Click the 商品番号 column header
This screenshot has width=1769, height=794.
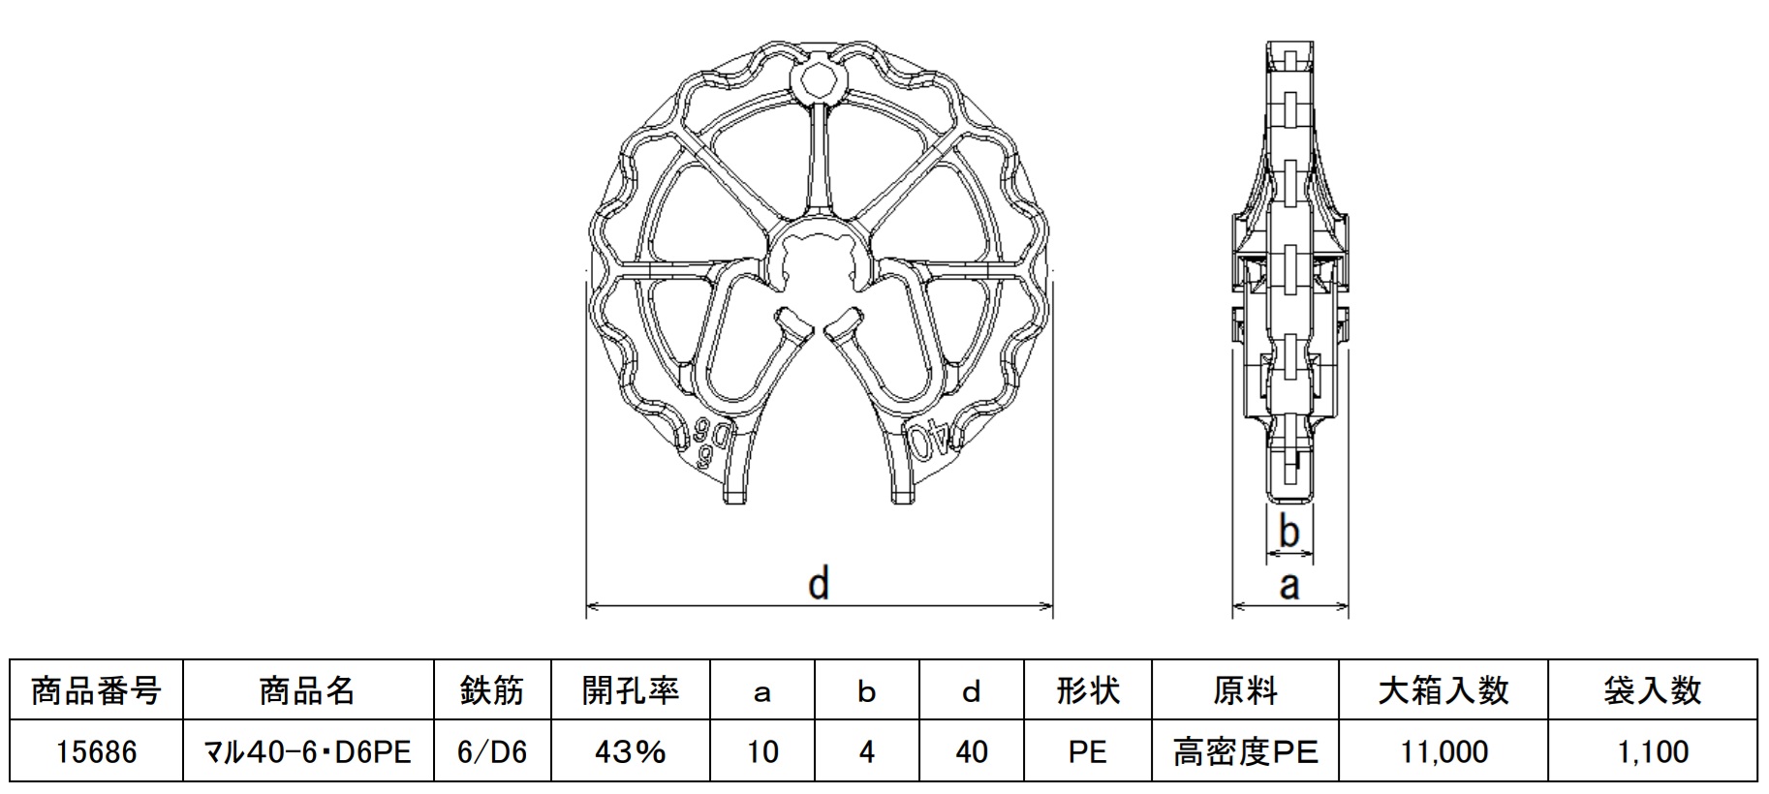click(x=96, y=690)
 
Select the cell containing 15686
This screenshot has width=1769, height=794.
click(x=96, y=751)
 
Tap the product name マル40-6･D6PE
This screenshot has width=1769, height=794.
click(x=307, y=751)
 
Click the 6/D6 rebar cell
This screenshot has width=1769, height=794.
click(x=492, y=751)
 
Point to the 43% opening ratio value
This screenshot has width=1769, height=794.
click(x=630, y=751)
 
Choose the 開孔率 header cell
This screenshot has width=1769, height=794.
click(x=630, y=690)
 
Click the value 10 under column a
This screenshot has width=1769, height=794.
click(x=762, y=751)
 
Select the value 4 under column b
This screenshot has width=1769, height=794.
click(x=866, y=751)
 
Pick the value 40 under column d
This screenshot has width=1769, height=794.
click(x=971, y=751)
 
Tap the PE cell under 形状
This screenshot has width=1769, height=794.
click(x=1087, y=751)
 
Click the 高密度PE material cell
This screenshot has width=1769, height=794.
click(x=1245, y=751)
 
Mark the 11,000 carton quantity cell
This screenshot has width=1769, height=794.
click(x=1443, y=751)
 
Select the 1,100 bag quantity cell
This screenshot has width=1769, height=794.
click(x=1653, y=751)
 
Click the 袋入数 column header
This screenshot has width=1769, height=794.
click(x=1653, y=690)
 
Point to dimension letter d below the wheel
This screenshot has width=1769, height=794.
click(x=819, y=584)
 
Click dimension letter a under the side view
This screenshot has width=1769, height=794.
click(x=1288, y=585)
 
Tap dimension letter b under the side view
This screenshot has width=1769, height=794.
click(x=1288, y=532)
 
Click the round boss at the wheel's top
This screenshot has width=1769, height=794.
click(x=820, y=80)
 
